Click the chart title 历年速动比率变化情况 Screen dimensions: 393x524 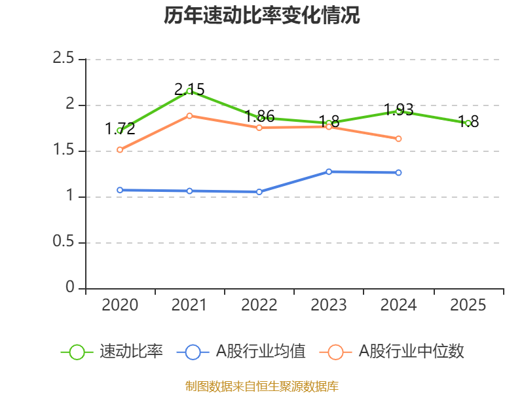pyautogui.click(x=262, y=16)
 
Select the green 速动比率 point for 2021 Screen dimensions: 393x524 pyautogui.click(x=189, y=91)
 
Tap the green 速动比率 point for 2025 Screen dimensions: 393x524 pyautogui.click(x=468, y=123)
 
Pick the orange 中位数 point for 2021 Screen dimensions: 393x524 pyautogui.click(x=189, y=115)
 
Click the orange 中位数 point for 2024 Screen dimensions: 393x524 pyautogui.click(x=398, y=138)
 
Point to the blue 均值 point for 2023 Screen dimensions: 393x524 pyautogui.click(x=329, y=172)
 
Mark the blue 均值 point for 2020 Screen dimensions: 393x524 pyautogui.click(x=120, y=190)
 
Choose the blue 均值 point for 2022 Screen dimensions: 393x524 pyautogui.click(x=259, y=192)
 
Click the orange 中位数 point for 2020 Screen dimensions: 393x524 pyautogui.click(x=120, y=149)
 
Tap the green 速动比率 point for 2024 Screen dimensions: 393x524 pyautogui.click(x=398, y=111)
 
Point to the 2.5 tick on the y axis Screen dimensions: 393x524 pyautogui.click(x=64, y=60)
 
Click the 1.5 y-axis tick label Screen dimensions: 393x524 pyautogui.click(x=64, y=151)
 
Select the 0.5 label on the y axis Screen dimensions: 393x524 pyautogui.click(x=64, y=243)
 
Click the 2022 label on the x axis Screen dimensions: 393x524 pyautogui.click(x=259, y=305)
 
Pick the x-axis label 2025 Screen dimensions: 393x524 pyautogui.click(x=468, y=305)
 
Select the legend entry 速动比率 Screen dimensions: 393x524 pyautogui.click(x=131, y=352)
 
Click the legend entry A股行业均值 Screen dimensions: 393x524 pyautogui.click(x=261, y=352)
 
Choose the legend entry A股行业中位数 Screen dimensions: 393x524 pyautogui.click(x=411, y=352)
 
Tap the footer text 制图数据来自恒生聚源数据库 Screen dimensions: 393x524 pyautogui.click(x=262, y=386)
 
